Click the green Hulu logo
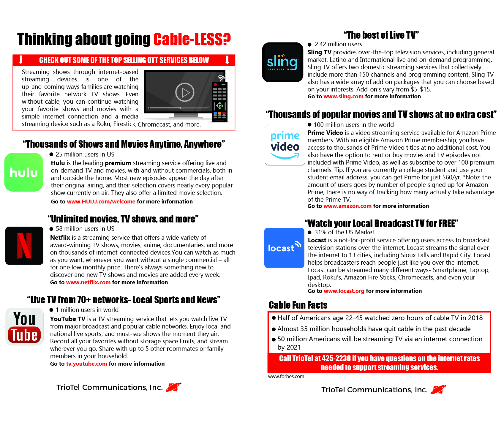(x=24, y=172)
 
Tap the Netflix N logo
(x=24, y=246)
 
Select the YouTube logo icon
(x=25, y=327)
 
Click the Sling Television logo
(x=283, y=62)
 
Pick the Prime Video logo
(x=285, y=145)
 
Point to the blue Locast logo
(x=284, y=248)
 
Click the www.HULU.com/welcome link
(x=101, y=202)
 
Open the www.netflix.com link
(x=88, y=282)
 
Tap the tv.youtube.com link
(x=86, y=364)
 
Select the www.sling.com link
(x=343, y=97)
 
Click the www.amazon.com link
(x=347, y=206)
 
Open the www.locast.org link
(x=344, y=291)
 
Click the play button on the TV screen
(x=185, y=92)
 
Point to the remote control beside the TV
(x=219, y=102)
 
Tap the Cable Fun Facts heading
(x=298, y=305)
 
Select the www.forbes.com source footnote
(x=286, y=377)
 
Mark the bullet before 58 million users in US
(x=51, y=229)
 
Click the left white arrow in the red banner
(x=21, y=60)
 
